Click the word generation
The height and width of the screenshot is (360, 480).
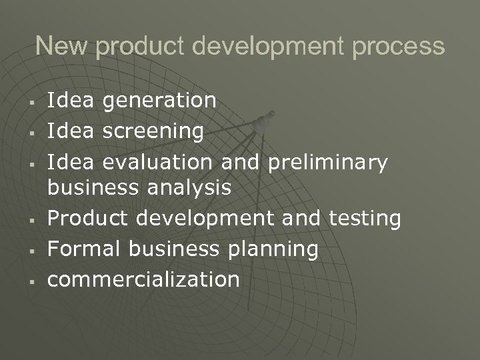[x=160, y=101]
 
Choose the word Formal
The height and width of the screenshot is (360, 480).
[x=83, y=248]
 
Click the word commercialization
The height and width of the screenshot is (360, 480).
[x=143, y=279]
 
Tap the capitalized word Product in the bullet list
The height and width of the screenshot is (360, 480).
[x=86, y=218]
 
